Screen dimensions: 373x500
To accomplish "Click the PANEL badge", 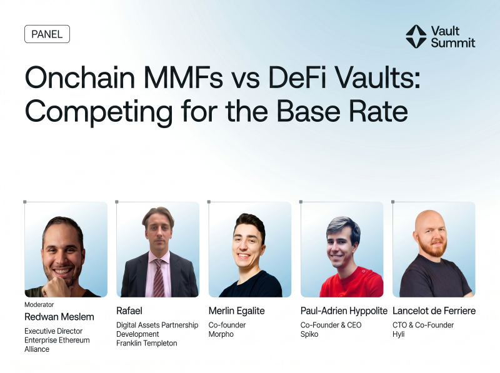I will pyautogui.click(x=47, y=34).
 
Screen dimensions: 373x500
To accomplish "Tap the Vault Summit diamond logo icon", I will pyautogui.click(x=416, y=36).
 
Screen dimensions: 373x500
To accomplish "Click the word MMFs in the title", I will pyautogui.click(x=187, y=80).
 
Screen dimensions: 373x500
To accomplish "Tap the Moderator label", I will pyautogui.click(x=38, y=305).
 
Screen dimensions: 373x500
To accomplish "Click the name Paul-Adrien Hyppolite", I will pyautogui.click(x=344, y=311).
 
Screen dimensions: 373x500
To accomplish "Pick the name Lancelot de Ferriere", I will pyautogui.click(x=434, y=311).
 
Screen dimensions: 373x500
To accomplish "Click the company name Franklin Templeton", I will pyautogui.click(x=147, y=343).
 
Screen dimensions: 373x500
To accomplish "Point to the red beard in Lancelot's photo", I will pyautogui.click(x=433, y=249).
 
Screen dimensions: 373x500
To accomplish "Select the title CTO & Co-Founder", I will pyautogui.click(x=422, y=325).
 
